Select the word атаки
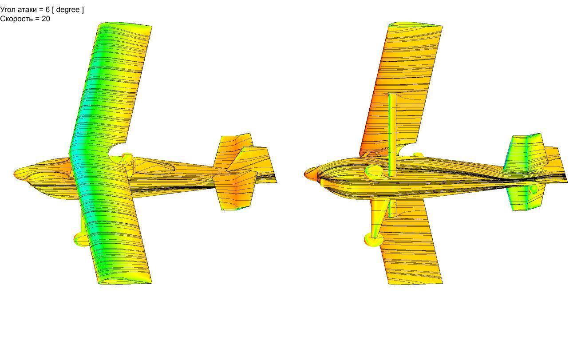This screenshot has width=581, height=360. tap(27, 10)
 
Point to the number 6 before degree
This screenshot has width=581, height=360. tap(47, 10)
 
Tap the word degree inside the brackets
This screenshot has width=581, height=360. tap(68, 10)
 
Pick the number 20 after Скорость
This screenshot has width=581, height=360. tap(46, 19)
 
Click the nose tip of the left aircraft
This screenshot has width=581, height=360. tap(14, 173)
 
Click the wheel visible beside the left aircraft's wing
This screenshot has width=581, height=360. tap(79, 239)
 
